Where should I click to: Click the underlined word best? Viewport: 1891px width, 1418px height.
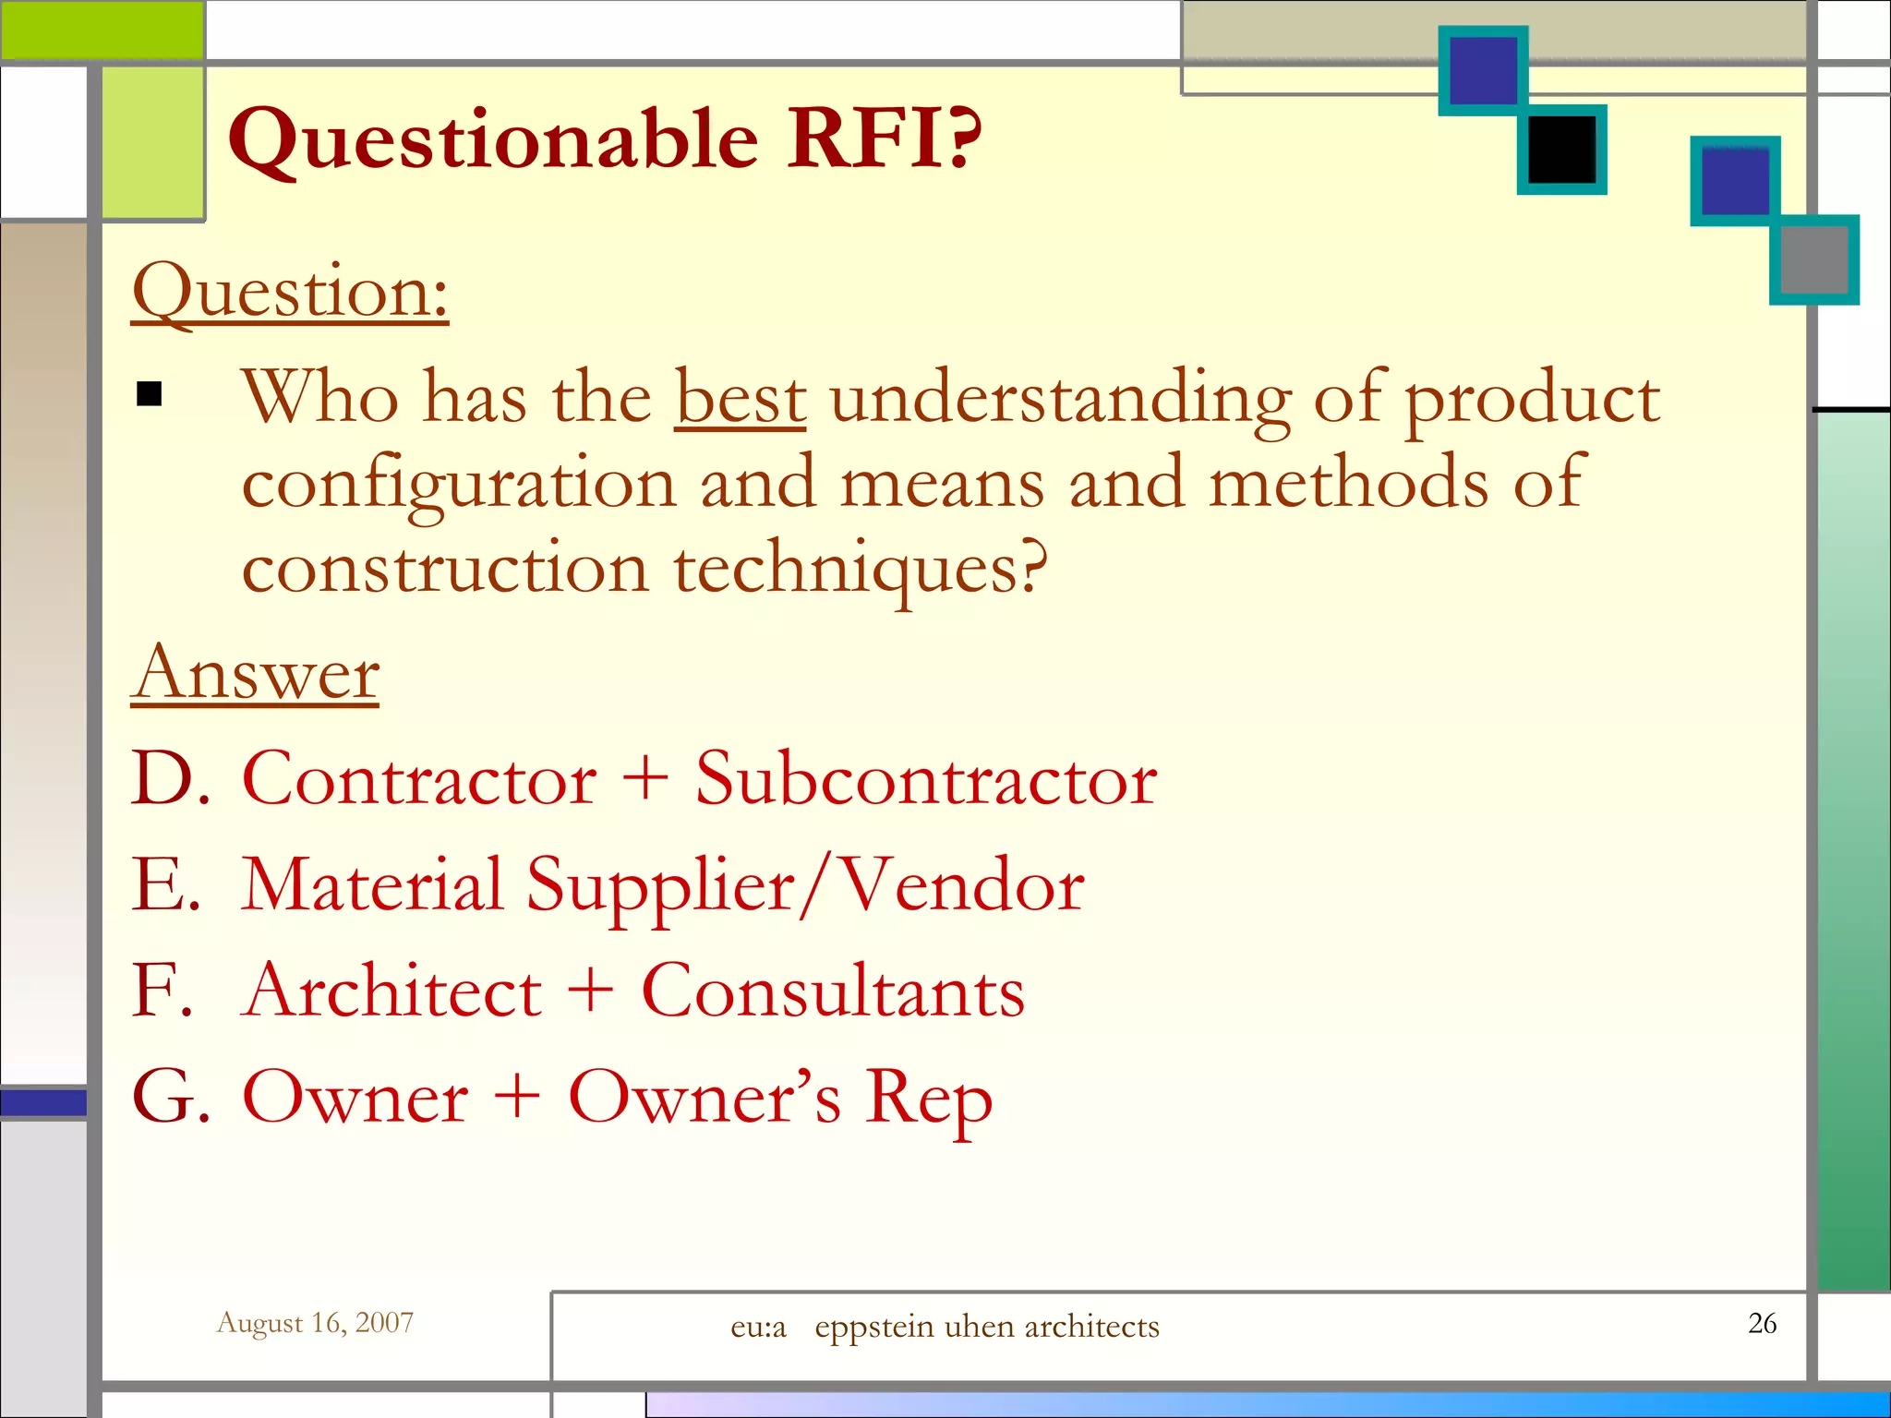click(741, 399)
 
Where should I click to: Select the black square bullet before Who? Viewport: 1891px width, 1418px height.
click(149, 395)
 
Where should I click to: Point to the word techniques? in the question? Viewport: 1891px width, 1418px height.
click(861, 570)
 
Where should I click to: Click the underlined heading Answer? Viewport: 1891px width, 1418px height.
click(255, 674)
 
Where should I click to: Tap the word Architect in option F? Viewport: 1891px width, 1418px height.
click(394, 991)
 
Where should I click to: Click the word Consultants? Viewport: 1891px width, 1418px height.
click(833, 991)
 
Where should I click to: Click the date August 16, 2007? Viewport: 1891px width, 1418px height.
click(315, 1323)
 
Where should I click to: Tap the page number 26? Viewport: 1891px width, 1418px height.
click(1762, 1323)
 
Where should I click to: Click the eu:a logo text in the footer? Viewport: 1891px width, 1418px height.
click(758, 1327)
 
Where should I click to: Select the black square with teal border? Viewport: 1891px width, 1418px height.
click(1561, 150)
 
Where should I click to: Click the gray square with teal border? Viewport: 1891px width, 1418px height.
click(1813, 260)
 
